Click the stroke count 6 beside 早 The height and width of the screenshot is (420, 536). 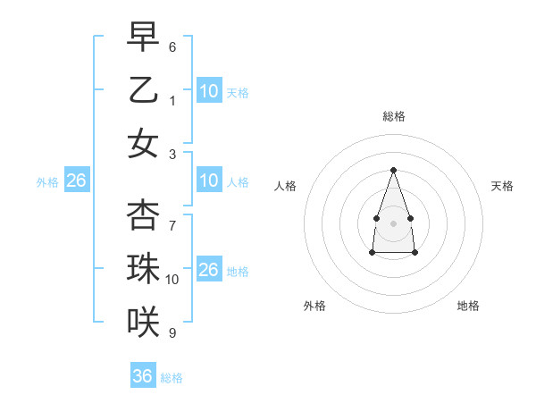172,46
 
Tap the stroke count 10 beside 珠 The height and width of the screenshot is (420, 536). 172,280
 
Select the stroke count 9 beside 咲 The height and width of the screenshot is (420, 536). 172,333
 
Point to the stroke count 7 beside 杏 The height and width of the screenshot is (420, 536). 172,215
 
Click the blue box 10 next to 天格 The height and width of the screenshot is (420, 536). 209,91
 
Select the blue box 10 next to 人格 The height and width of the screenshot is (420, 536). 209,181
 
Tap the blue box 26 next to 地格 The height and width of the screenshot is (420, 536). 209,270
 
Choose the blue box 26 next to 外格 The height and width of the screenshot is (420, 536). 76,181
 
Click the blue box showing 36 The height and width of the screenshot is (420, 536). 143,376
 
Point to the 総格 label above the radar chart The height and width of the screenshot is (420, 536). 393,116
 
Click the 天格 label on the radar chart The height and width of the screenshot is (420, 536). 502,186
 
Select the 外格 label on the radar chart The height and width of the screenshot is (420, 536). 314,306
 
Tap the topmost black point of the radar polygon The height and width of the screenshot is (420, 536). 393,170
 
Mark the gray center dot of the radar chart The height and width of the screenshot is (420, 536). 393,223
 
